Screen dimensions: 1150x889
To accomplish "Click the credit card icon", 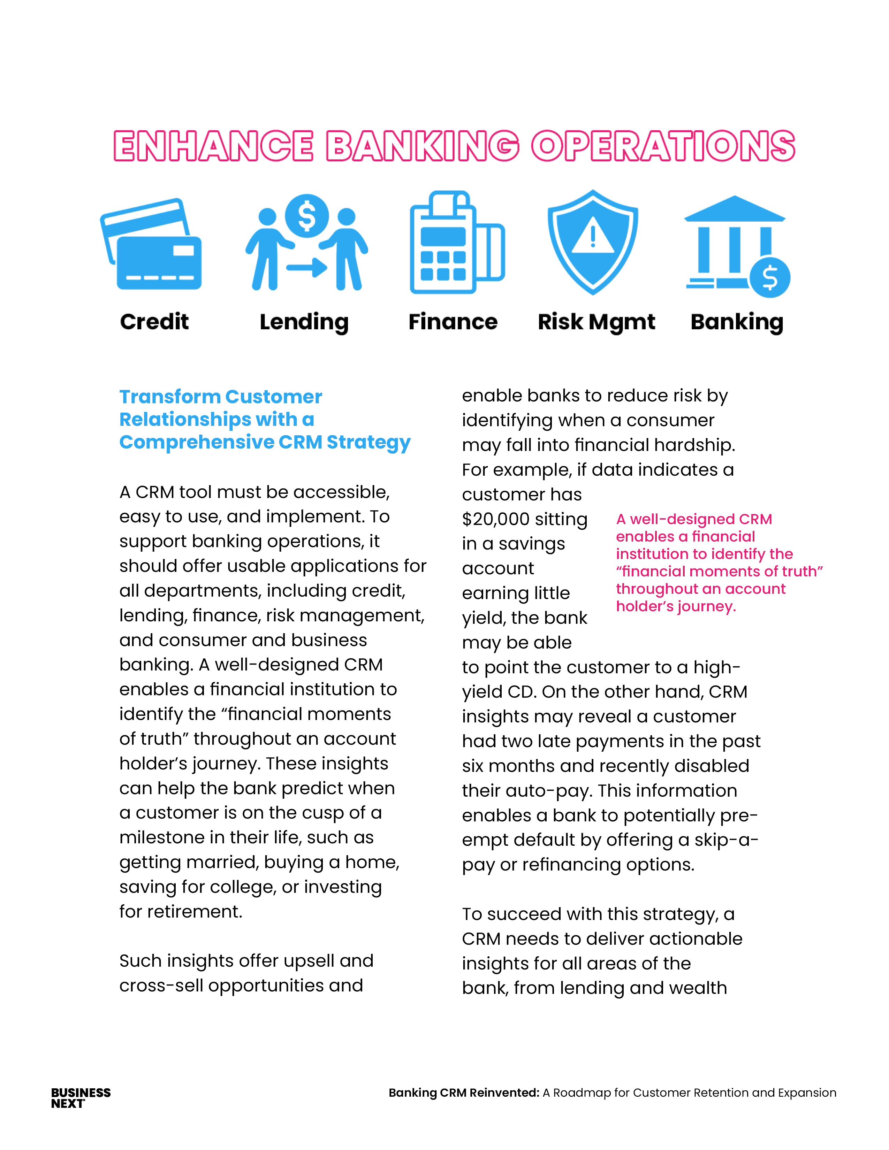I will coord(151,245).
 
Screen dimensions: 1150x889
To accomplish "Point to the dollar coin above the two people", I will coord(307,216).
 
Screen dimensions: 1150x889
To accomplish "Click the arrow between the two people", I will coord(307,268).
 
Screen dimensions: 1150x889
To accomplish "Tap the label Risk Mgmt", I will coord(596,322).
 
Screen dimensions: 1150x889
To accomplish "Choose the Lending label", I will coord(304,322).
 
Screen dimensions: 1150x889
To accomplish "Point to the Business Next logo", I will coord(81,1098).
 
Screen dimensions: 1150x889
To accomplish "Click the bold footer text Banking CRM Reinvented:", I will coord(463,1092).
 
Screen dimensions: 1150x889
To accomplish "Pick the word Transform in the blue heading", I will coord(169,397).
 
